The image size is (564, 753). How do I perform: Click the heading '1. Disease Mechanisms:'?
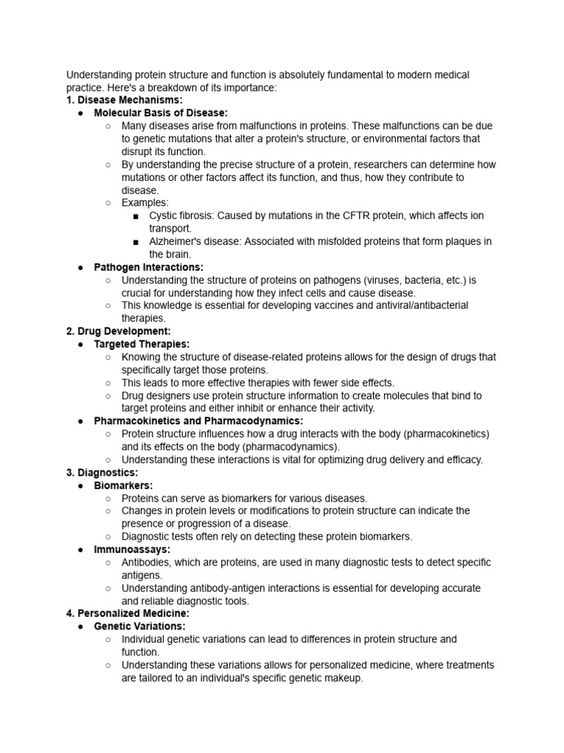125,100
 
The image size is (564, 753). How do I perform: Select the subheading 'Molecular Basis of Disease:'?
161,113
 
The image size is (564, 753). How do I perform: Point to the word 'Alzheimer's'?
176,241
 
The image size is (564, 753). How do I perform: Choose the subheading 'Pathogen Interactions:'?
148,267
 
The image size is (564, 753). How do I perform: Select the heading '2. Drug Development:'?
119,331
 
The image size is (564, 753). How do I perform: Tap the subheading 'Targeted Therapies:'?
142,344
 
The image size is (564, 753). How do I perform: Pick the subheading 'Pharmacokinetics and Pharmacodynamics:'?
198,421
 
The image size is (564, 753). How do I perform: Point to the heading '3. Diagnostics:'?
102,472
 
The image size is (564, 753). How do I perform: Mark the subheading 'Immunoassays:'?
132,549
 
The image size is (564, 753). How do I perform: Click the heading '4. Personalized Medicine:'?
128,613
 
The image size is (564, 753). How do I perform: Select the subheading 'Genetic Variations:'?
140,627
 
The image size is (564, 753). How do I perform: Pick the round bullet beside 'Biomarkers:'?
80,485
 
